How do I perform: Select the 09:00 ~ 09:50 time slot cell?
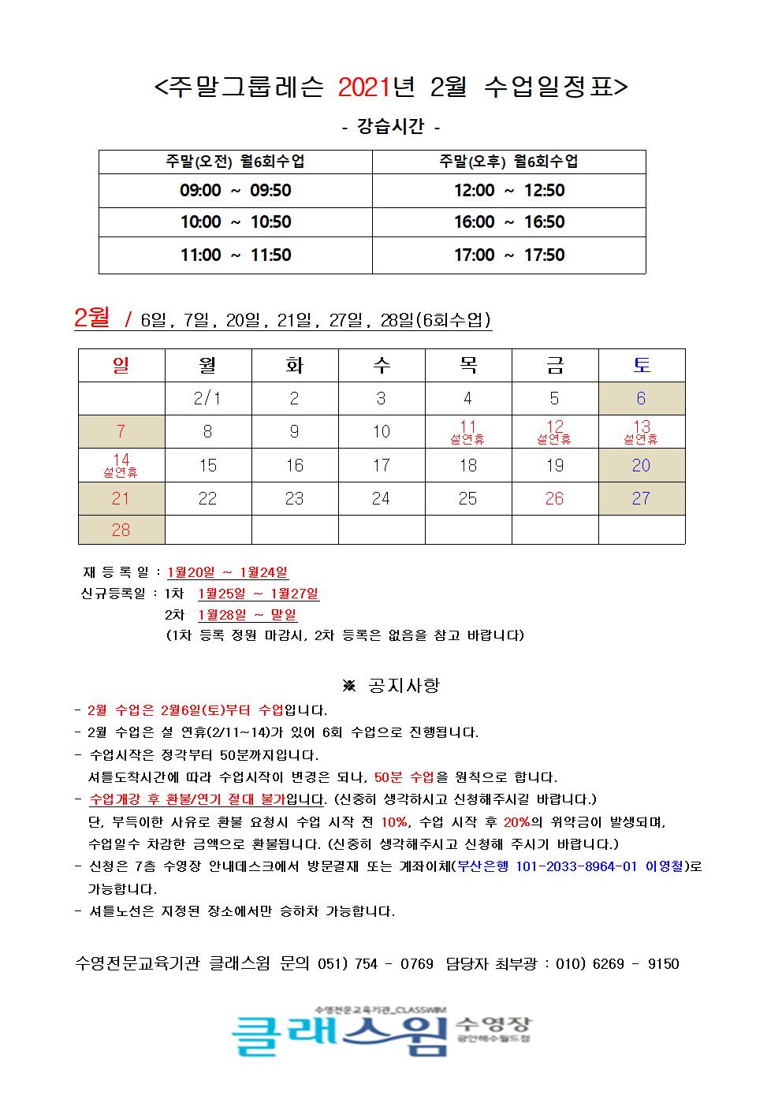pos(235,191)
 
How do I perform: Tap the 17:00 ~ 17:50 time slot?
pos(508,255)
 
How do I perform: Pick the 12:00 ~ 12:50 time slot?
pos(508,191)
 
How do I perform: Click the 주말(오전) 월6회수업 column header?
pos(235,162)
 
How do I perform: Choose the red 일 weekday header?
pos(121,365)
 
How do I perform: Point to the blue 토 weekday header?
pos(641,365)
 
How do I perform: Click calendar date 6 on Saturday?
pos(641,399)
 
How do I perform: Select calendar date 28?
pos(121,530)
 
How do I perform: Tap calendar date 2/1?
pos(207,399)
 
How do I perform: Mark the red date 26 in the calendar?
pos(554,498)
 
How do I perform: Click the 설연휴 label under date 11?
pos(467,440)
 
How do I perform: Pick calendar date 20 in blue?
pos(641,465)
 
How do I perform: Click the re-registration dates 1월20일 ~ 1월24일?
pos(228,572)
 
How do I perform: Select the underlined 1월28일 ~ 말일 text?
pos(247,615)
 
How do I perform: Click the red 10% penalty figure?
pos(393,822)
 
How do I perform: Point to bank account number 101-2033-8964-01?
pos(576,866)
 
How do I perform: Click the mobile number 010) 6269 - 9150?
pos(617,964)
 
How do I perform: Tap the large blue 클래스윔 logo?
pos(339,1033)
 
